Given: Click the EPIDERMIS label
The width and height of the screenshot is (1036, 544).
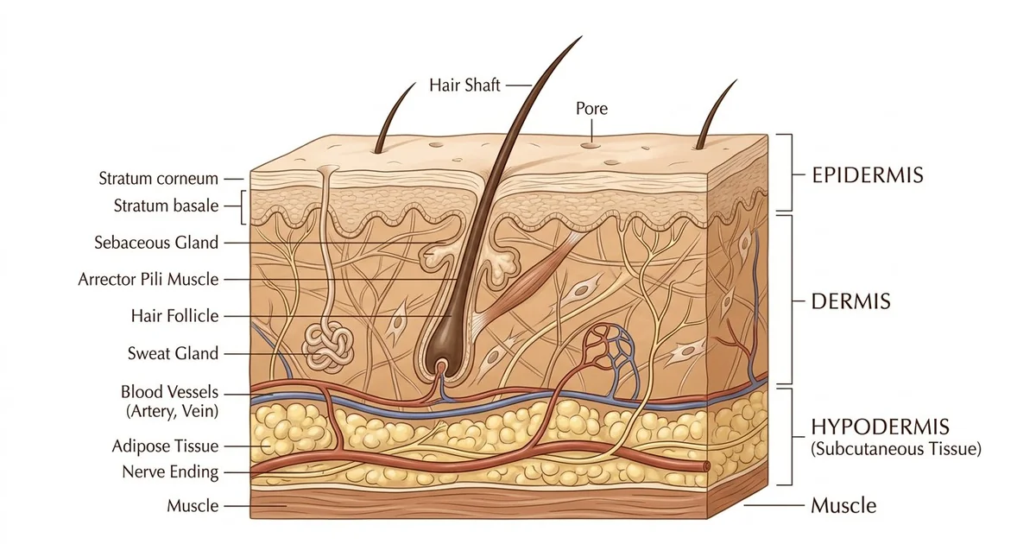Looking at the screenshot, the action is [x=867, y=175].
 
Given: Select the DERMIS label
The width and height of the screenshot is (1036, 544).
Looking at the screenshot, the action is [x=850, y=301].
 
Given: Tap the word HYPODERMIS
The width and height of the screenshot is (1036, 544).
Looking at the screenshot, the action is [x=880, y=427].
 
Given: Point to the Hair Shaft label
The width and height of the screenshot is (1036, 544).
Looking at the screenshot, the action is [x=464, y=85].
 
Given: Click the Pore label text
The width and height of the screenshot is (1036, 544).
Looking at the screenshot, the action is [x=591, y=109].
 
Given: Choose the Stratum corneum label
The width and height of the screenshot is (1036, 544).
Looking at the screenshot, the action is [x=158, y=178].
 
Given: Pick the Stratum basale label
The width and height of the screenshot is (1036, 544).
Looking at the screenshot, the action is [x=166, y=206].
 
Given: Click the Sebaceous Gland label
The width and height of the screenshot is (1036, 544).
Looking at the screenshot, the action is [x=156, y=243].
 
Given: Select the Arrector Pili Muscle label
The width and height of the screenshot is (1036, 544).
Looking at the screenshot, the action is [x=148, y=280].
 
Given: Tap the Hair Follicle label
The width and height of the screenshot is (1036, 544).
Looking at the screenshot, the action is [x=174, y=316].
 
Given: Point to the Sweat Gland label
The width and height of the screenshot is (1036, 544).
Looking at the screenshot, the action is [x=173, y=353].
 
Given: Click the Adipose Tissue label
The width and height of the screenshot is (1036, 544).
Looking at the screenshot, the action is [x=165, y=446].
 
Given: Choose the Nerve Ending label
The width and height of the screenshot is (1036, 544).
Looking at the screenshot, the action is [x=170, y=471].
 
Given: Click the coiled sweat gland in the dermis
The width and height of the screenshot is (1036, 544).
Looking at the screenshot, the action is [x=328, y=349].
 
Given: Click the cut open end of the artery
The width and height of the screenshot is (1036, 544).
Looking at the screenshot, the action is [x=706, y=466].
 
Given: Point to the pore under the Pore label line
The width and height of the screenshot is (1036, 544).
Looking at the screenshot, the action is [x=591, y=146].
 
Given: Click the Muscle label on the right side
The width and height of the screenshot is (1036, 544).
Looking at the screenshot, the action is [x=843, y=506].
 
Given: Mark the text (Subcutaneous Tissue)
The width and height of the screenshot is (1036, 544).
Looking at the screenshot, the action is [x=896, y=449].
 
